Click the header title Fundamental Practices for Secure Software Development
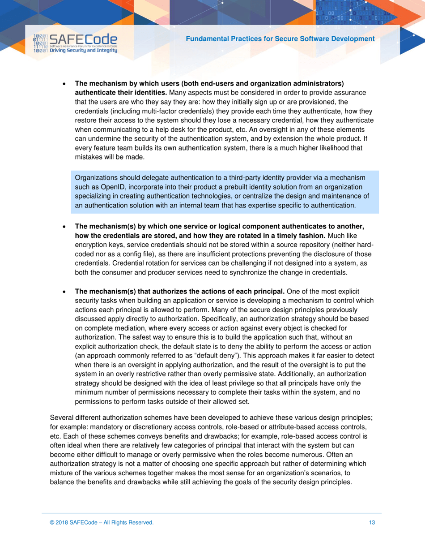pyautogui.click(x=280, y=39)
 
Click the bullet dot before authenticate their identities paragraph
pyautogui.click(x=64, y=84)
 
